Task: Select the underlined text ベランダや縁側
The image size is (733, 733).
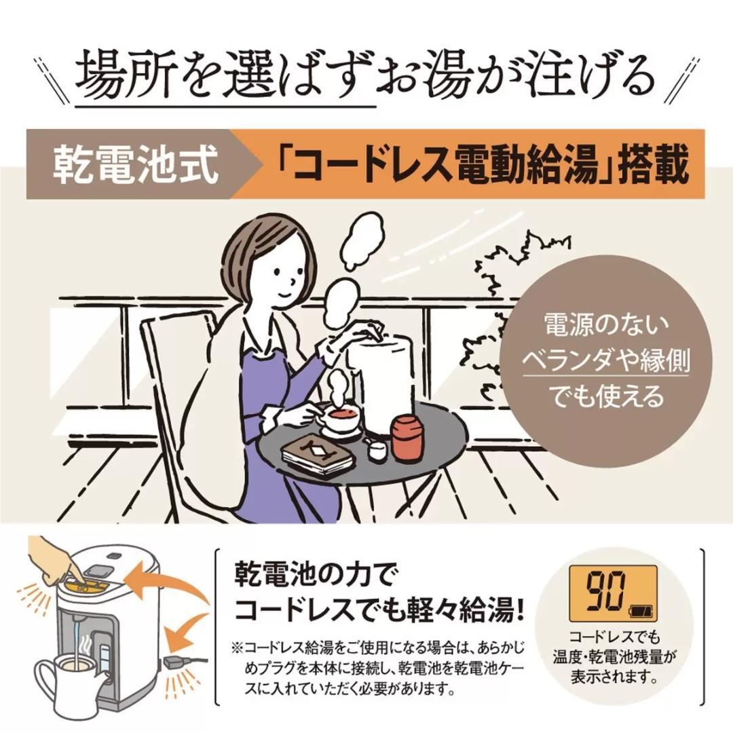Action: click(x=606, y=361)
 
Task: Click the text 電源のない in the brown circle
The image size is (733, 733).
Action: click(x=606, y=324)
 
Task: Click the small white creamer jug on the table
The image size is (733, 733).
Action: click(x=378, y=448)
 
